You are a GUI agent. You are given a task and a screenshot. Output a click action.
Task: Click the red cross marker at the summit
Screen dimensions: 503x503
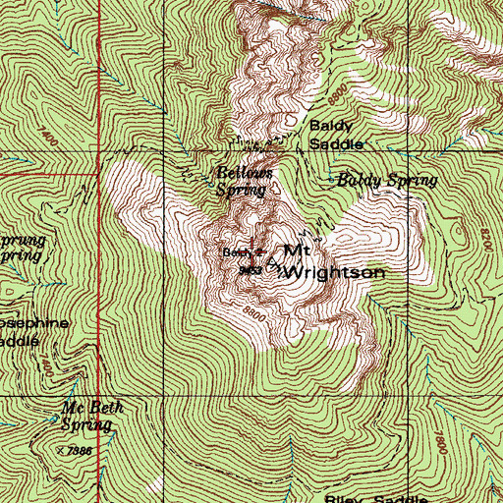[x=251, y=252]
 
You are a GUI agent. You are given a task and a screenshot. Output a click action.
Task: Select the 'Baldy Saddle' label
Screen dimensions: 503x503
[x=337, y=135]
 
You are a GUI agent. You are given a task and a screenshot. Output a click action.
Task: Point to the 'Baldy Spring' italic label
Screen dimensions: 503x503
[x=386, y=181]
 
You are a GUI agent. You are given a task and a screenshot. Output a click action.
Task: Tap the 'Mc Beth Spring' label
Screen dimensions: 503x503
[x=86, y=418]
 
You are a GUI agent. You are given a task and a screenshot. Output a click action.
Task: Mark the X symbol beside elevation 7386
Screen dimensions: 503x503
[x=61, y=449]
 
